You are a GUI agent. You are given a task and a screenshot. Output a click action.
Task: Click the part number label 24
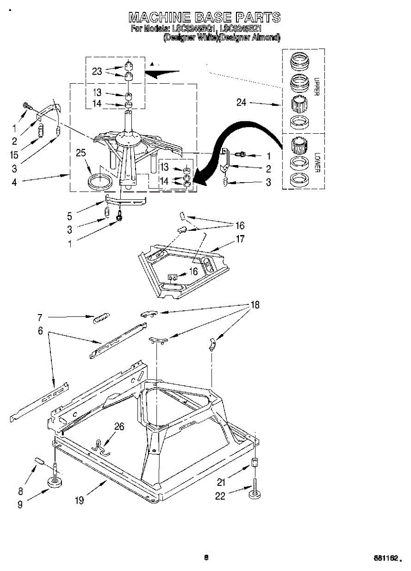click(242, 102)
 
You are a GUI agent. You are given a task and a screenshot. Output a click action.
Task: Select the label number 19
click(79, 500)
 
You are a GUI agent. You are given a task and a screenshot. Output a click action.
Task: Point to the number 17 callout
click(240, 239)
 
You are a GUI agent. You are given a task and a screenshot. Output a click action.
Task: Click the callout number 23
click(97, 72)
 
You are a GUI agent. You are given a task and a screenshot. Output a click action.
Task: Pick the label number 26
click(119, 427)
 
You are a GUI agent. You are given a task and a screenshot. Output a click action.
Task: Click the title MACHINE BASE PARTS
click(205, 18)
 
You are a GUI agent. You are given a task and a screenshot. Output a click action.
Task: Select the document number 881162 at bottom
click(385, 557)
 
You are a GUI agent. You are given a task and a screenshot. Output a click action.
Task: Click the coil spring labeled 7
click(101, 318)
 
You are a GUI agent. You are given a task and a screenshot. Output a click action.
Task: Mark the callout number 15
click(14, 155)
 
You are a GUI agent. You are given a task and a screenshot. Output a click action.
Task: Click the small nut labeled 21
click(255, 463)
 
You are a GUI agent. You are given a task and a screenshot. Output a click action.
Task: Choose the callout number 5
click(70, 216)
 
